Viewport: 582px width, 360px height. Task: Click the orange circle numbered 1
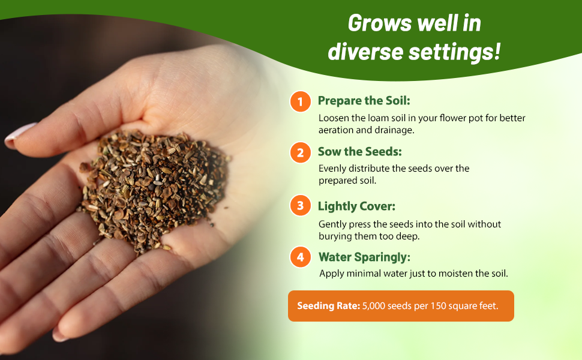[x=300, y=101]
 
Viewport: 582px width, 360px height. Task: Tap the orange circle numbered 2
[x=300, y=152]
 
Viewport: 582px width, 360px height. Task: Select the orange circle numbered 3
[x=300, y=206]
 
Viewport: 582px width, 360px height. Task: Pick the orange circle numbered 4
[x=300, y=257]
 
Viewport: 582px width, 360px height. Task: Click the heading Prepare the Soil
[x=364, y=101]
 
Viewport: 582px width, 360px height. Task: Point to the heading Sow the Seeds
[x=359, y=152]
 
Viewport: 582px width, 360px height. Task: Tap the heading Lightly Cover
[x=356, y=206]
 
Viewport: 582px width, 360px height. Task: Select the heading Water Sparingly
[x=364, y=257]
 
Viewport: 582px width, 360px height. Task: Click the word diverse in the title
[x=366, y=52]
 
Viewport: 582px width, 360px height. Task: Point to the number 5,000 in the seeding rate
[x=376, y=306]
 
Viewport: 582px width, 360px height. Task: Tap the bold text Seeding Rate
[x=328, y=306]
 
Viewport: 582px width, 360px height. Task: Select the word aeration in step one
[x=337, y=130]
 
